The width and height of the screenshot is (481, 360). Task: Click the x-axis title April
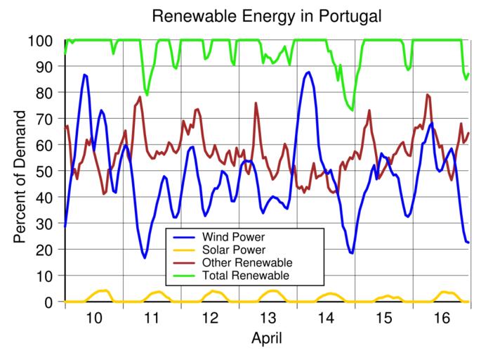(x=267, y=339)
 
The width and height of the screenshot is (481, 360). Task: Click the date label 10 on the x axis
(x=93, y=318)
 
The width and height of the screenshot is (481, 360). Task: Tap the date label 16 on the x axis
(x=440, y=318)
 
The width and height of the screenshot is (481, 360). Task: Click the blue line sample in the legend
(x=183, y=236)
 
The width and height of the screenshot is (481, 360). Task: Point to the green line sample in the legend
(x=183, y=275)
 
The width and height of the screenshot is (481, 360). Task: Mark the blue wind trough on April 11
(x=145, y=257)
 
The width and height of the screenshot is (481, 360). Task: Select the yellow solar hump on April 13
(x=272, y=291)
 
